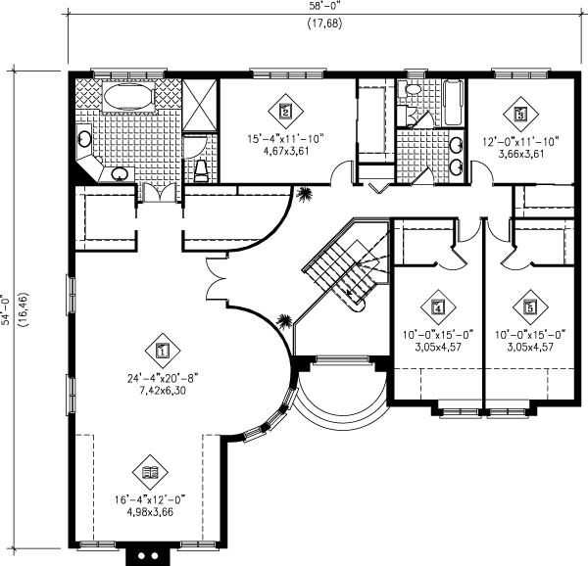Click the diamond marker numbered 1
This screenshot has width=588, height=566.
tap(163, 347)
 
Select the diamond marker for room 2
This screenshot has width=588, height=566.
tap(285, 112)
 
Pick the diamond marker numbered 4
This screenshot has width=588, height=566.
tap(437, 307)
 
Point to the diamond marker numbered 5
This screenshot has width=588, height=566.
tap(530, 307)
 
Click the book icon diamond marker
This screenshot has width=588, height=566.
tap(148, 471)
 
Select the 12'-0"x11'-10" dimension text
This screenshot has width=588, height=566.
tap(520, 141)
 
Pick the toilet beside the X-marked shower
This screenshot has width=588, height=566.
tap(200, 171)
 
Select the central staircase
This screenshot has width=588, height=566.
tap(341, 266)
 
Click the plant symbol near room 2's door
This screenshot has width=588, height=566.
tap(308, 193)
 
